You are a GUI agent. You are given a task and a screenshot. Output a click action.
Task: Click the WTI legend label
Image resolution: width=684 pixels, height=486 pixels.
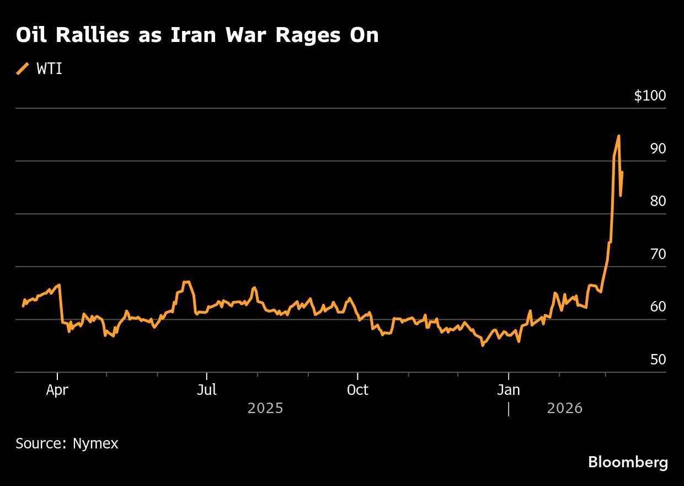(x=49, y=69)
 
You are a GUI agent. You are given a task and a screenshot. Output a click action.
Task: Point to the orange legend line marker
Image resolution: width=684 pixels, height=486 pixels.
(x=23, y=68)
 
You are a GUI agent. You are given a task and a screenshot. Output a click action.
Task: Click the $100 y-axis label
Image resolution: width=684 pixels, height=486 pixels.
(x=650, y=96)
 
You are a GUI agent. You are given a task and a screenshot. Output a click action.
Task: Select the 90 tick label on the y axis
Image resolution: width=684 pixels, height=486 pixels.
(x=658, y=149)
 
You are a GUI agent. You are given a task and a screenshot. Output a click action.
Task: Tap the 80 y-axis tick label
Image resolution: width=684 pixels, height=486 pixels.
(x=658, y=202)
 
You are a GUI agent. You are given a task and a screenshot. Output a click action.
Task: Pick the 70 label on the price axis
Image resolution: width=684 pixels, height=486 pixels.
(x=658, y=254)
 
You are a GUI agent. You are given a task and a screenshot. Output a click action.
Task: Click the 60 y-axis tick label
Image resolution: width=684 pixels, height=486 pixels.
(x=658, y=307)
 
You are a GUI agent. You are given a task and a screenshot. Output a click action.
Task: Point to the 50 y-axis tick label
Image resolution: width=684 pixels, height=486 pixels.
(x=658, y=360)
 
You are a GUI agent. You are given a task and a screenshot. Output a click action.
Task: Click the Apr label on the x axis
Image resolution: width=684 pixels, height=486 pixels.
(x=57, y=390)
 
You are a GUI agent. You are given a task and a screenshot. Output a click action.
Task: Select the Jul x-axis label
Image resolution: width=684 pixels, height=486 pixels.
(x=207, y=390)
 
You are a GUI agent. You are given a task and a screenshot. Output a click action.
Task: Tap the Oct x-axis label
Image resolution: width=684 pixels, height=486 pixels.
(x=357, y=390)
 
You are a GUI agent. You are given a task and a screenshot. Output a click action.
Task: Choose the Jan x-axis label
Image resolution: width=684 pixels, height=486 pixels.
(x=508, y=390)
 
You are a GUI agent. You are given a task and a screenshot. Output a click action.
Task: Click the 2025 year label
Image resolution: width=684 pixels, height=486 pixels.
(x=265, y=408)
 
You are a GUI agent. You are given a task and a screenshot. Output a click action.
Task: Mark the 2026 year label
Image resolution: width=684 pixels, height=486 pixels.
(x=565, y=408)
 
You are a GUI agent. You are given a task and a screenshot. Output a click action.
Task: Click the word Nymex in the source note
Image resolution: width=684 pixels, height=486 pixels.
(x=95, y=443)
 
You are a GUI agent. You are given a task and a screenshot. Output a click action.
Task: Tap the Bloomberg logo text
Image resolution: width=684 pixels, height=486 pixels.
(x=628, y=462)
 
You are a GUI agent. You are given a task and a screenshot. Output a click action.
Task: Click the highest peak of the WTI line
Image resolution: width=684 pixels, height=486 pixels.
(x=619, y=136)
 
